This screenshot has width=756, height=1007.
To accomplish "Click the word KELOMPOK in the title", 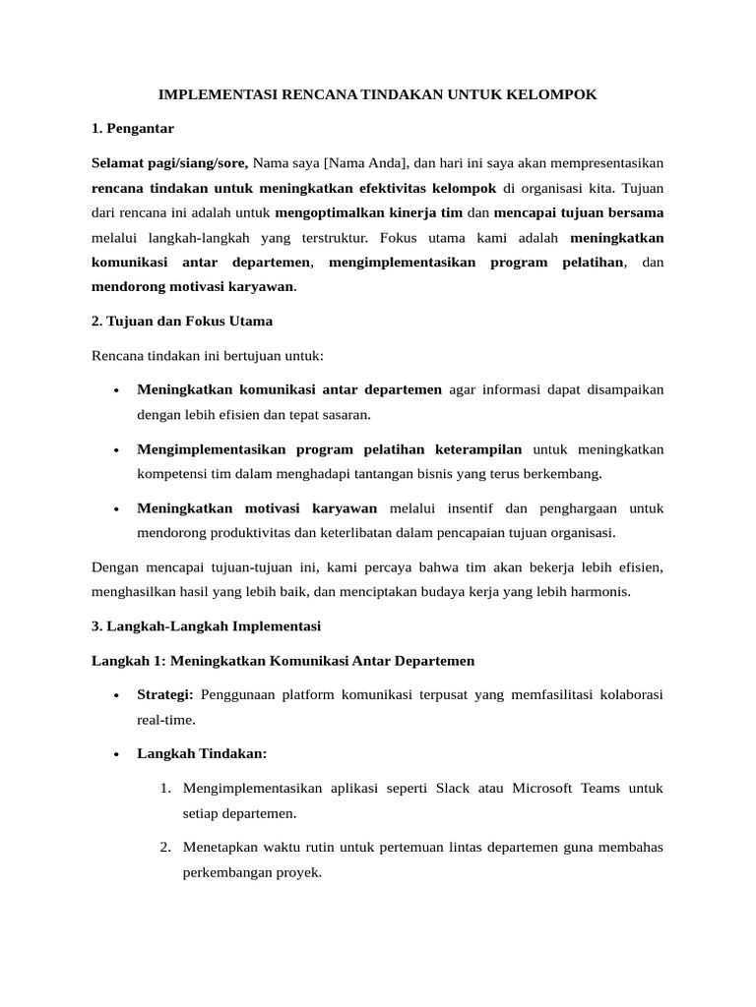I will click(551, 94).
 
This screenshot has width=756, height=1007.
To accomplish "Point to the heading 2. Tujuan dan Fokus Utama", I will click(182, 321).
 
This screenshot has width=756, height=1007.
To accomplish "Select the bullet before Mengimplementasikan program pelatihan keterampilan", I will click(116, 450).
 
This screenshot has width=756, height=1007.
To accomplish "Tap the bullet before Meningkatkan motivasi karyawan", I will click(116, 509).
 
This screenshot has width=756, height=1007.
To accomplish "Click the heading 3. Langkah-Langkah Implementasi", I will click(206, 625).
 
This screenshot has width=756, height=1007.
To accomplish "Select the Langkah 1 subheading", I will click(283, 661).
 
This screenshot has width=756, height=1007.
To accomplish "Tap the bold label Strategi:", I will click(165, 694).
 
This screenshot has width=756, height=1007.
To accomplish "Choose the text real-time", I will click(166, 719).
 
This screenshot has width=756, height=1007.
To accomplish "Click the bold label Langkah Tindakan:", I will click(202, 753).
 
